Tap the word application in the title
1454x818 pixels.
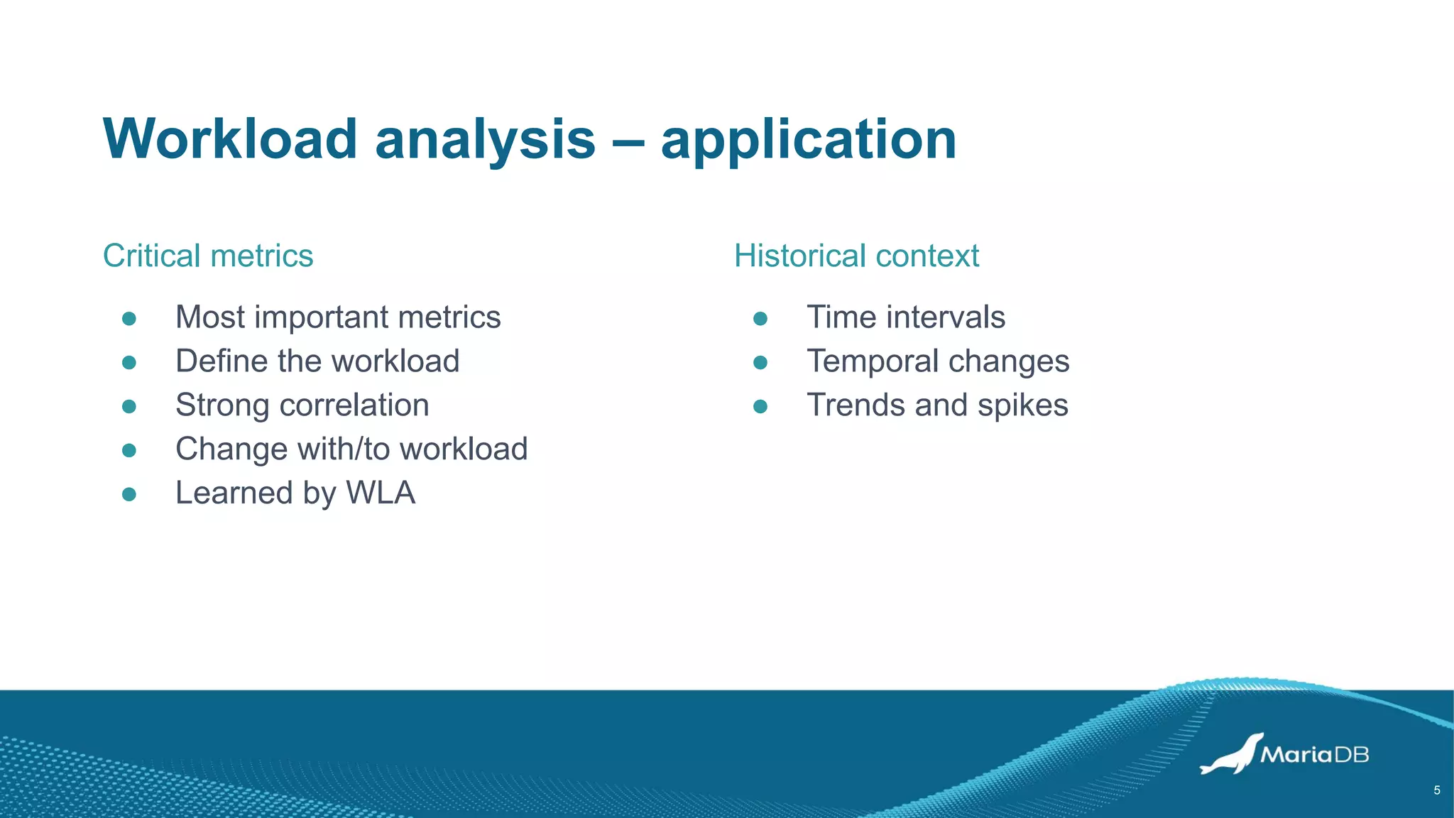(808, 140)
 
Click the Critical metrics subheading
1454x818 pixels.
(208, 256)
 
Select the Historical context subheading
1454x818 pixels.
(856, 256)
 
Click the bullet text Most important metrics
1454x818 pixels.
(338, 317)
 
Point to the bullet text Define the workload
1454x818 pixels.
(317, 361)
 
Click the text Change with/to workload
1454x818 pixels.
(351, 449)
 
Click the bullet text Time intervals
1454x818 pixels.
(905, 317)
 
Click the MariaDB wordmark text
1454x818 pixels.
(1314, 754)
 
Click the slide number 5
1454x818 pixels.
(1437, 790)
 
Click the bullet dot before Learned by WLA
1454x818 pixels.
(129, 494)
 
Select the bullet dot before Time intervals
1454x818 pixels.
(760, 319)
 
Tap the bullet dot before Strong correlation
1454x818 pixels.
(129, 406)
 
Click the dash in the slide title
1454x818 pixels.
(628, 140)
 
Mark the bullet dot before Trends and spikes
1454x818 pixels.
(760, 406)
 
